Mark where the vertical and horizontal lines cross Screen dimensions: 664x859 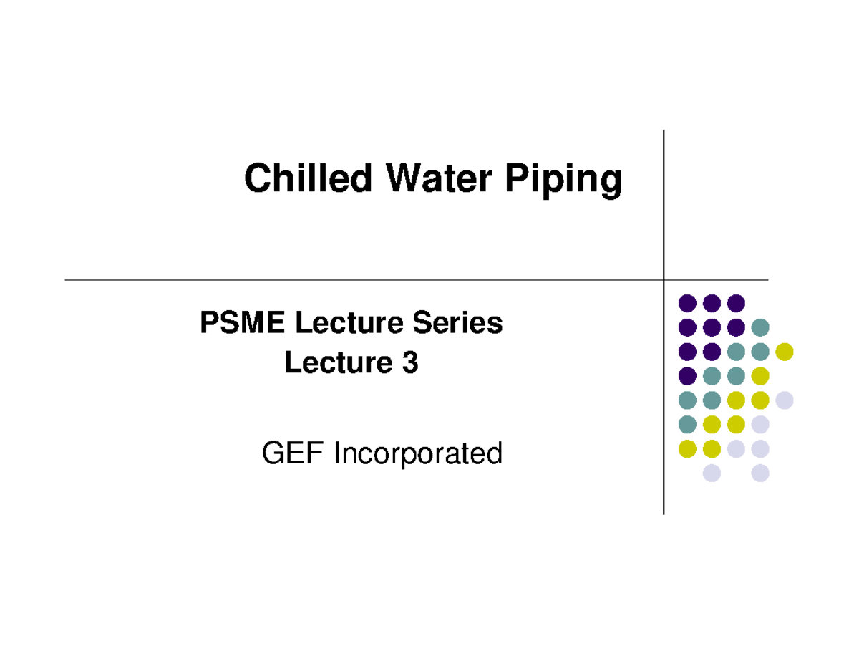tap(664, 280)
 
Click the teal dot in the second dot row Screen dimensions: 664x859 tap(760, 327)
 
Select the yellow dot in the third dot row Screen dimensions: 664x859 tap(785, 352)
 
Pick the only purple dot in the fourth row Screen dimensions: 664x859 tap(687, 376)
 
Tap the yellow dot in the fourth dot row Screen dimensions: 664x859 tap(760, 376)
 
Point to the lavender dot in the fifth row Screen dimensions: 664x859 tap(785, 400)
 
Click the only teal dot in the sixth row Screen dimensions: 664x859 tap(687, 425)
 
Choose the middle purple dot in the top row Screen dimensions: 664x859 tap(712, 303)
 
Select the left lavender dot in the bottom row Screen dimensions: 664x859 tap(712, 473)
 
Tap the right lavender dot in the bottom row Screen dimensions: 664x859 tap(760, 473)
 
